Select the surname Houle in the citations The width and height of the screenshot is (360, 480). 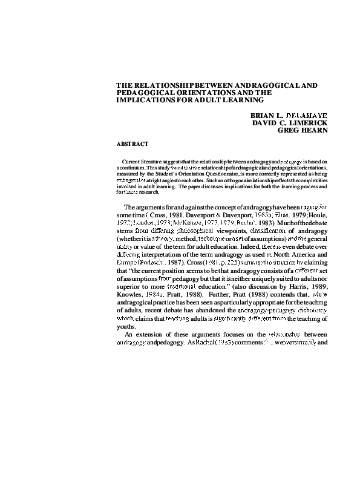click(x=318, y=217)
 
